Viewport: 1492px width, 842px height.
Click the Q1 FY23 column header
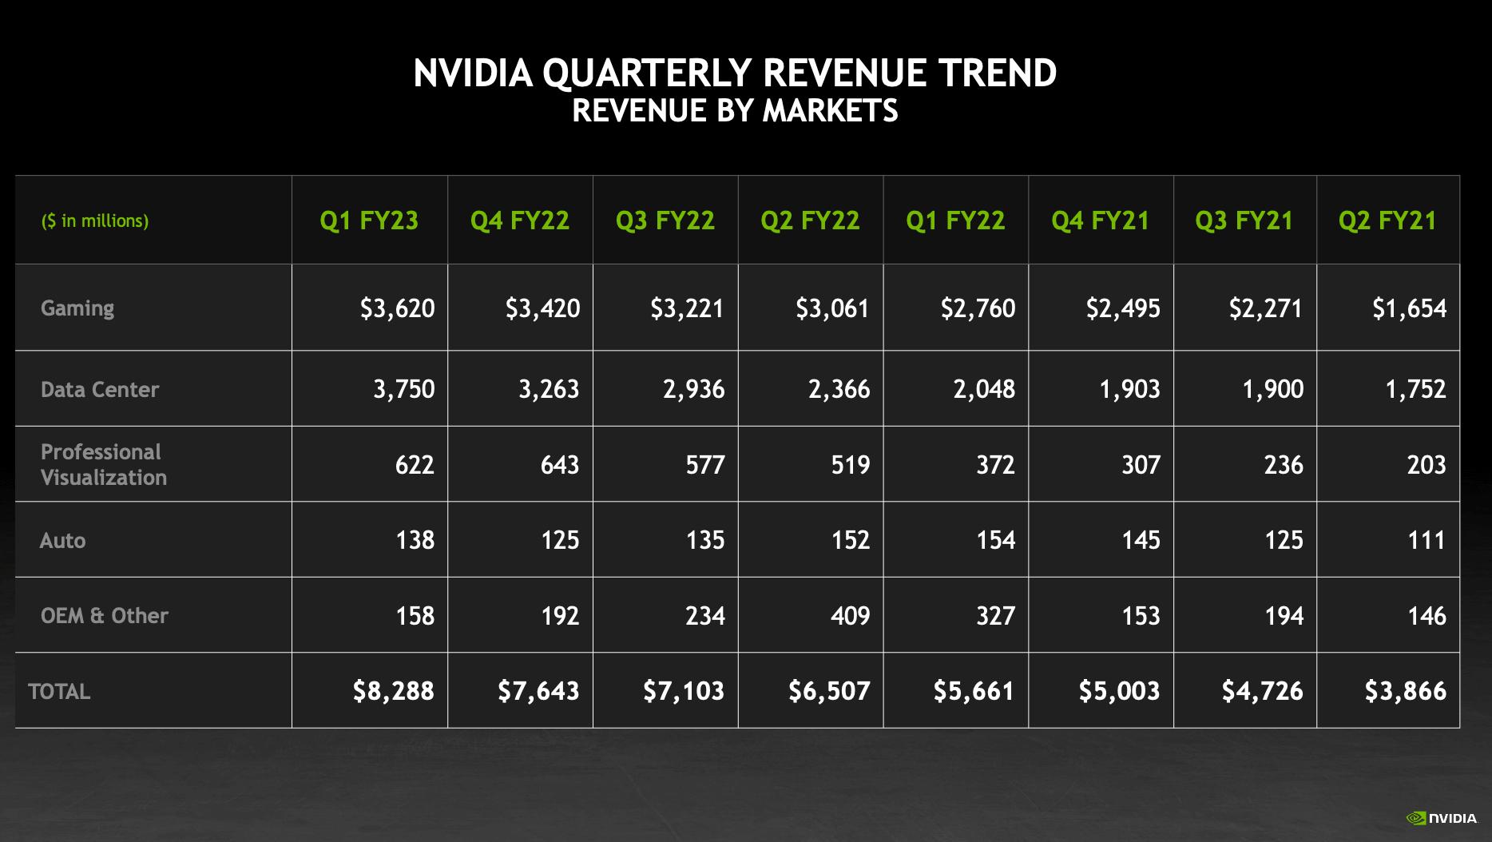(x=369, y=220)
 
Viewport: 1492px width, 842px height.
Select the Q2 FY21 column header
(x=1387, y=220)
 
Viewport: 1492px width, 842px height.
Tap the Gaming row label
(x=77, y=308)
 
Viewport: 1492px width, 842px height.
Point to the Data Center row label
(x=100, y=390)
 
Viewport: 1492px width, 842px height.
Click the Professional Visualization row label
(x=104, y=465)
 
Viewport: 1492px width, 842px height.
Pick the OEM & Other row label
(x=105, y=616)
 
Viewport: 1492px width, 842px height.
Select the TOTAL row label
(x=59, y=692)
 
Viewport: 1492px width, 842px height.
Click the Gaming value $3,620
(x=397, y=308)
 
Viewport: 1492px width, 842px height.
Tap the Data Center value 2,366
(x=839, y=389)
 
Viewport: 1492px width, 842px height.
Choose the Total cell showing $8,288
(x=393, y=691)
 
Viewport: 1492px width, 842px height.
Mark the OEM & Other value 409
(x=850, y=616)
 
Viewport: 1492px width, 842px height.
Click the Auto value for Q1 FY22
(x=995, y=541)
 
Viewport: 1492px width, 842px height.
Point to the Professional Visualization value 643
(x=559, y=465)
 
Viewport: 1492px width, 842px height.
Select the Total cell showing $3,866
(x=1405, y=691)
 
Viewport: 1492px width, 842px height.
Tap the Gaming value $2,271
(x=1265, y=308)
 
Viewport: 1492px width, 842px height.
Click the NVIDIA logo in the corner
(x=1441, y=818)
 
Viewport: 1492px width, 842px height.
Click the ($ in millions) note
(x=95, y=221)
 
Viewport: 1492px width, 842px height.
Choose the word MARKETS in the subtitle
(x=831, y=111)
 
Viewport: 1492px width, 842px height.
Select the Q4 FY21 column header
(x=1100, y=220)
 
